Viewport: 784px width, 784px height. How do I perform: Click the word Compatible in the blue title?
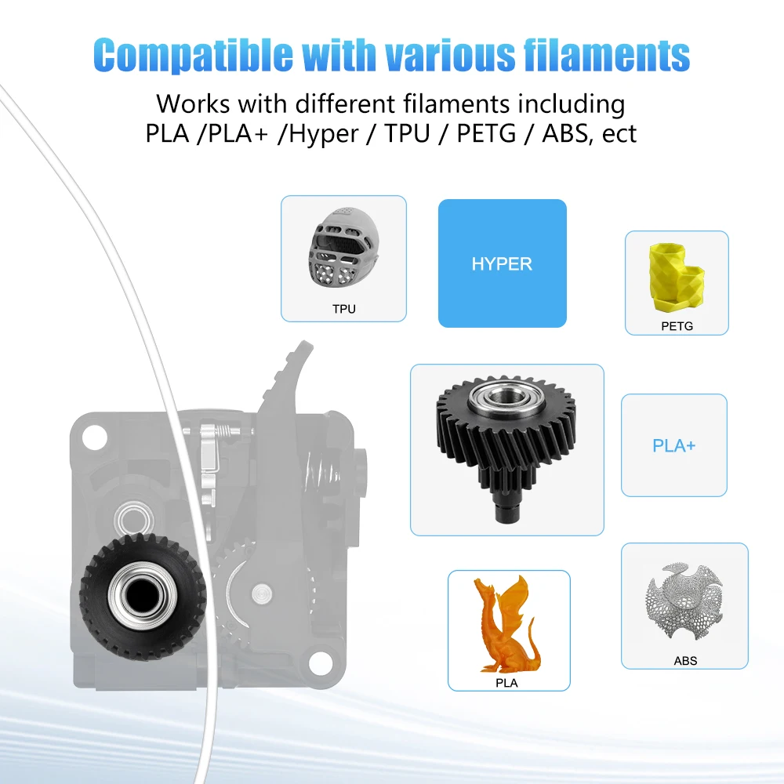(x=193, y=55)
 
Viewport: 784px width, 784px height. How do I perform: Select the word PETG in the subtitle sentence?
(x=486, y=133)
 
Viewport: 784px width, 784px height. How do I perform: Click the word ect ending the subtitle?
(x=619, y=134)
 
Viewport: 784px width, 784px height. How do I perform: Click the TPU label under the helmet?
(x=344, y=309)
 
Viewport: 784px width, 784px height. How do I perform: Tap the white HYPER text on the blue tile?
(x=502, y=264)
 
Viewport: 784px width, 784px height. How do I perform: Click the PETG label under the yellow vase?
(x=677, y=326)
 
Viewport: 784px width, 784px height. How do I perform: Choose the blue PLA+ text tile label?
(x=674, y=445)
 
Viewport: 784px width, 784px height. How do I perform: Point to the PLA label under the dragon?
(x=506, y=683)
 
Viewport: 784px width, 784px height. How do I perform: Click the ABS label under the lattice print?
(x=685, y=661)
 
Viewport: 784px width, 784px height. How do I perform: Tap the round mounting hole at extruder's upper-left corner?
(x=95, y=437)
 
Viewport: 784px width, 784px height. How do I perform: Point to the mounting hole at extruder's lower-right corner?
(x=322, y=662)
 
